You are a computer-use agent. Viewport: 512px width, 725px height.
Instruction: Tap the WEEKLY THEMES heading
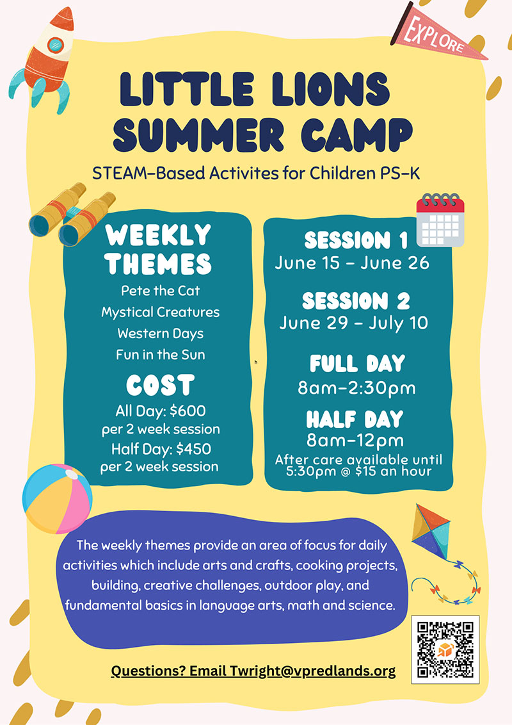click(159, 249)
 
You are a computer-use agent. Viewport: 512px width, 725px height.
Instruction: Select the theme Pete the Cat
click(160, 291)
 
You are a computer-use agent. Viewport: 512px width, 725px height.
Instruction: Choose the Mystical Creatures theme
click(160, 313)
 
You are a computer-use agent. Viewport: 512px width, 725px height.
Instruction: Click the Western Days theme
click(160, 334)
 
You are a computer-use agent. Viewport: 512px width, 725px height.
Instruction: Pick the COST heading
click(160, 386)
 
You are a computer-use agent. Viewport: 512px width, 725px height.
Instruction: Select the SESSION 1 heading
click(356, 241)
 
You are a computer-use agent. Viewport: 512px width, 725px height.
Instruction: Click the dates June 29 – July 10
click(353, 323)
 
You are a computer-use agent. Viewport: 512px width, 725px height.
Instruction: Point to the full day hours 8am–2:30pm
click(357, 388)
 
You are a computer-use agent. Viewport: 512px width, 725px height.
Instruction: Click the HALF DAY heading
click(355, 420)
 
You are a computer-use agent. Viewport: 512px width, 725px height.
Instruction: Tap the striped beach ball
click(57, 498)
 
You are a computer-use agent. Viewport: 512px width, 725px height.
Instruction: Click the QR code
click(445, 648)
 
